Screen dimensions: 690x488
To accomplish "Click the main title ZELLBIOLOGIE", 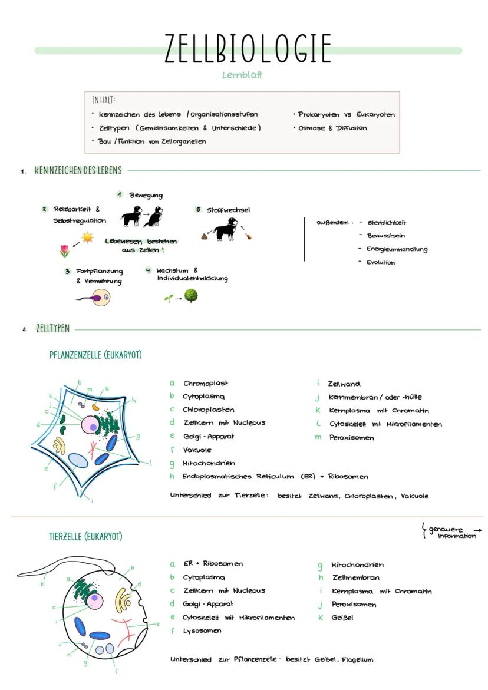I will pyautogui.click(x=247, y=48).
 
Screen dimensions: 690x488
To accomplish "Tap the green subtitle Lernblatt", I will pyautogui.click(x=242, y=75).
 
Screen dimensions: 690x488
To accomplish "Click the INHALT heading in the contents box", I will pyautogui.click(x=103, y=100).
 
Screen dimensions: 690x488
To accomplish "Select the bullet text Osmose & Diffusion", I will pyautogui.click(x=332, y=128).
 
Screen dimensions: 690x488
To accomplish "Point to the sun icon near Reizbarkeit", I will pyautogui.click(x=87, y=237).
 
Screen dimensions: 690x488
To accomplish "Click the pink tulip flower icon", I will pyautogui.click(x=64, y=252).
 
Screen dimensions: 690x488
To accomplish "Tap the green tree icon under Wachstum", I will pyautogui.click(x=191, y=295).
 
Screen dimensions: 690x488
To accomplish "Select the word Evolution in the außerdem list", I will pyautogui.click(x=380, y=263).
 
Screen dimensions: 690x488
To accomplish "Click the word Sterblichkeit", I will pyautogui.click(x=386, y=223).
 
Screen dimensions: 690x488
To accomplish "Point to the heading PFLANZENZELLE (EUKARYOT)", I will pyautogui.click(x=95, y=355).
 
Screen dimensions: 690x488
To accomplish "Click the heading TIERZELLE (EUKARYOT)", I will pyautogui.click(x=85, y=537).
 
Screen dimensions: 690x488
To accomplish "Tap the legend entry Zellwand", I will pyautogui.click(x=344, y=384).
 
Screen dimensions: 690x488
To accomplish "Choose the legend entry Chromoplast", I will pyautogui.click(x=205, y=384).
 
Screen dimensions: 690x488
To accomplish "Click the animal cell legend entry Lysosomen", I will pyautogui.click(x=202, y=630).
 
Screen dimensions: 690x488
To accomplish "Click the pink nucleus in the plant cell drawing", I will pyautogui.click(x=91, y=425).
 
